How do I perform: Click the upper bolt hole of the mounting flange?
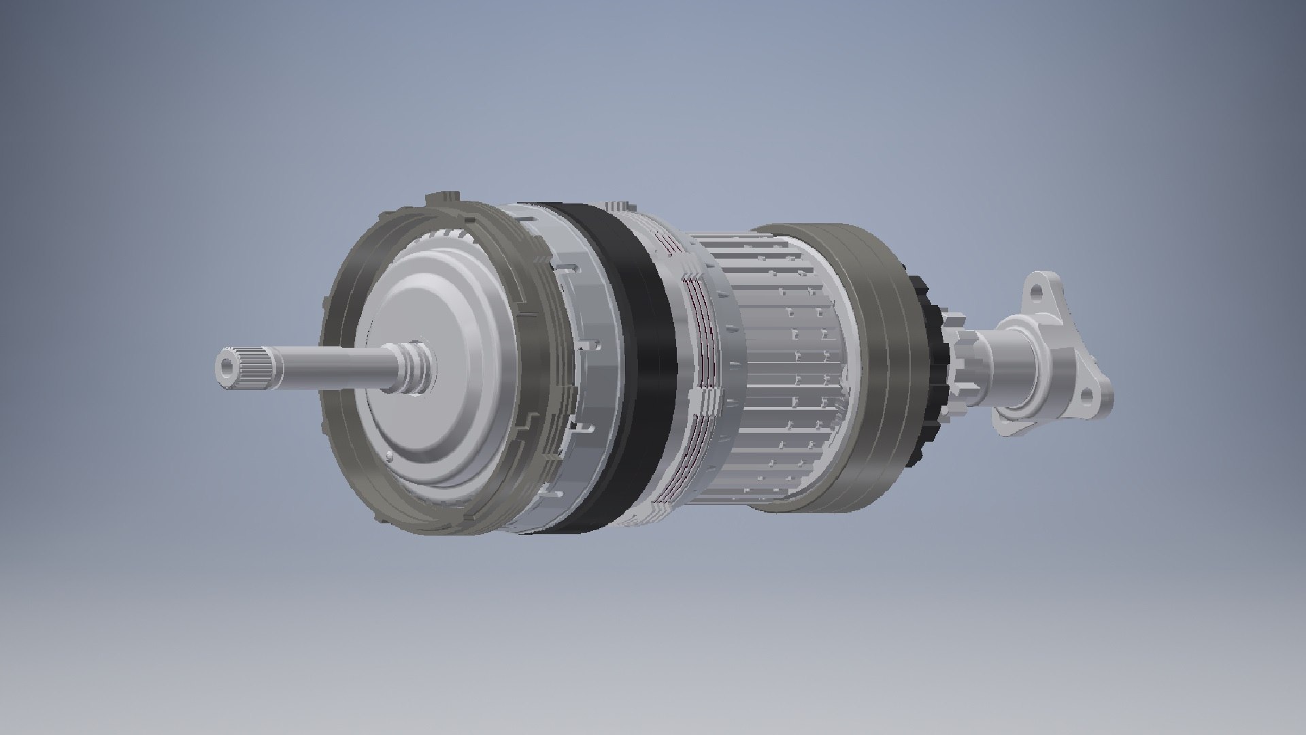(x=1037, y=291)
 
